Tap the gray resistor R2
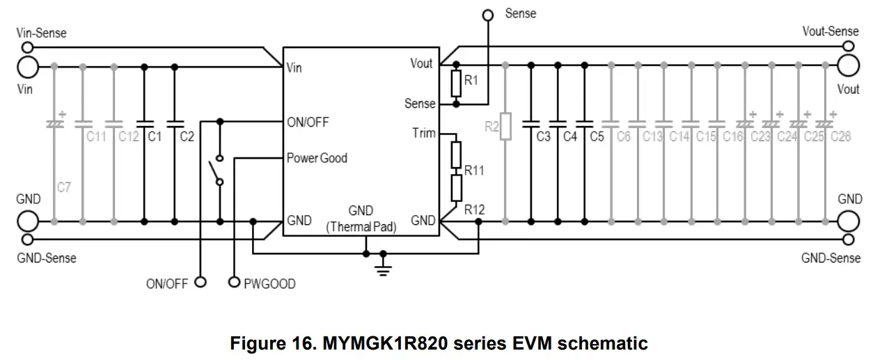(505, 126)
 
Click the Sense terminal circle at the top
(488, 15)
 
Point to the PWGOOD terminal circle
(234, 282)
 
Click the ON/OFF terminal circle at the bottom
(200, 282)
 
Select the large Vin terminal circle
(28, 67)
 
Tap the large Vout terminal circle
(849, 67)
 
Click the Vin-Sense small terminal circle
(28, 48)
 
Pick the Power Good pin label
(317, 158)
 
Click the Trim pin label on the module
(424, 133)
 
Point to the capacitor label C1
(154, 137)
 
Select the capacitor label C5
(597, 137)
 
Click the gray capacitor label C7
(64, 187)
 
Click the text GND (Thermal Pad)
(361, 219)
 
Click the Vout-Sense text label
(830, 31)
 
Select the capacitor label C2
(187, 137)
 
